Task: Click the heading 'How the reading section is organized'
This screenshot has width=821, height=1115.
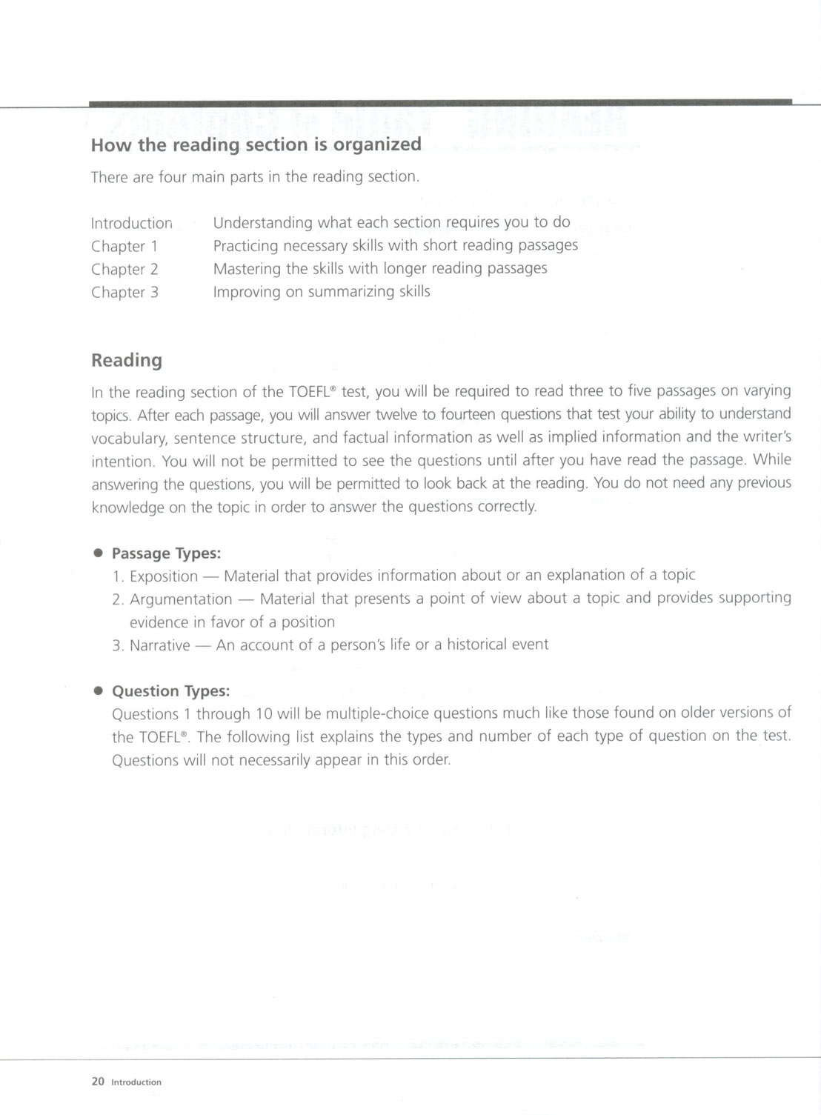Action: [256, 144]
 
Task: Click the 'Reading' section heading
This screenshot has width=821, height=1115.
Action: [126, 361]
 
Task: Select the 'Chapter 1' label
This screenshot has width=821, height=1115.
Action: [124, 246]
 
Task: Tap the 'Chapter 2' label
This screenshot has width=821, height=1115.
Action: [124, 269]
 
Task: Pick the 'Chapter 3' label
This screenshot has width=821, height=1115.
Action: [124, 292]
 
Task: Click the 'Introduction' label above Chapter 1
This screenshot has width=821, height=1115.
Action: [131, 223]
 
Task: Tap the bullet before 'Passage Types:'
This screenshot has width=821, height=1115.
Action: [97, 553]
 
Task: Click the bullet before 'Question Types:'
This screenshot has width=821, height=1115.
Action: [97, 690]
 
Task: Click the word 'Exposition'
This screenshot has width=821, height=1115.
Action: [164, 576]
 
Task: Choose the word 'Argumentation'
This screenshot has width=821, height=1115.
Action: [181, 599]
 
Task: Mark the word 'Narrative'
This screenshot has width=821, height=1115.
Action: [159, 645]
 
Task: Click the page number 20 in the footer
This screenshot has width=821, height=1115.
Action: [98, 1082]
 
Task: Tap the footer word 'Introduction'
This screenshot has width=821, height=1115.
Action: [136, 1082]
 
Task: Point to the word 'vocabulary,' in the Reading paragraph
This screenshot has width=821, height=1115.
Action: [129, 438]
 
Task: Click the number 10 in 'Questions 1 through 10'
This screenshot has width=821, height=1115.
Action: [265, 714]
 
